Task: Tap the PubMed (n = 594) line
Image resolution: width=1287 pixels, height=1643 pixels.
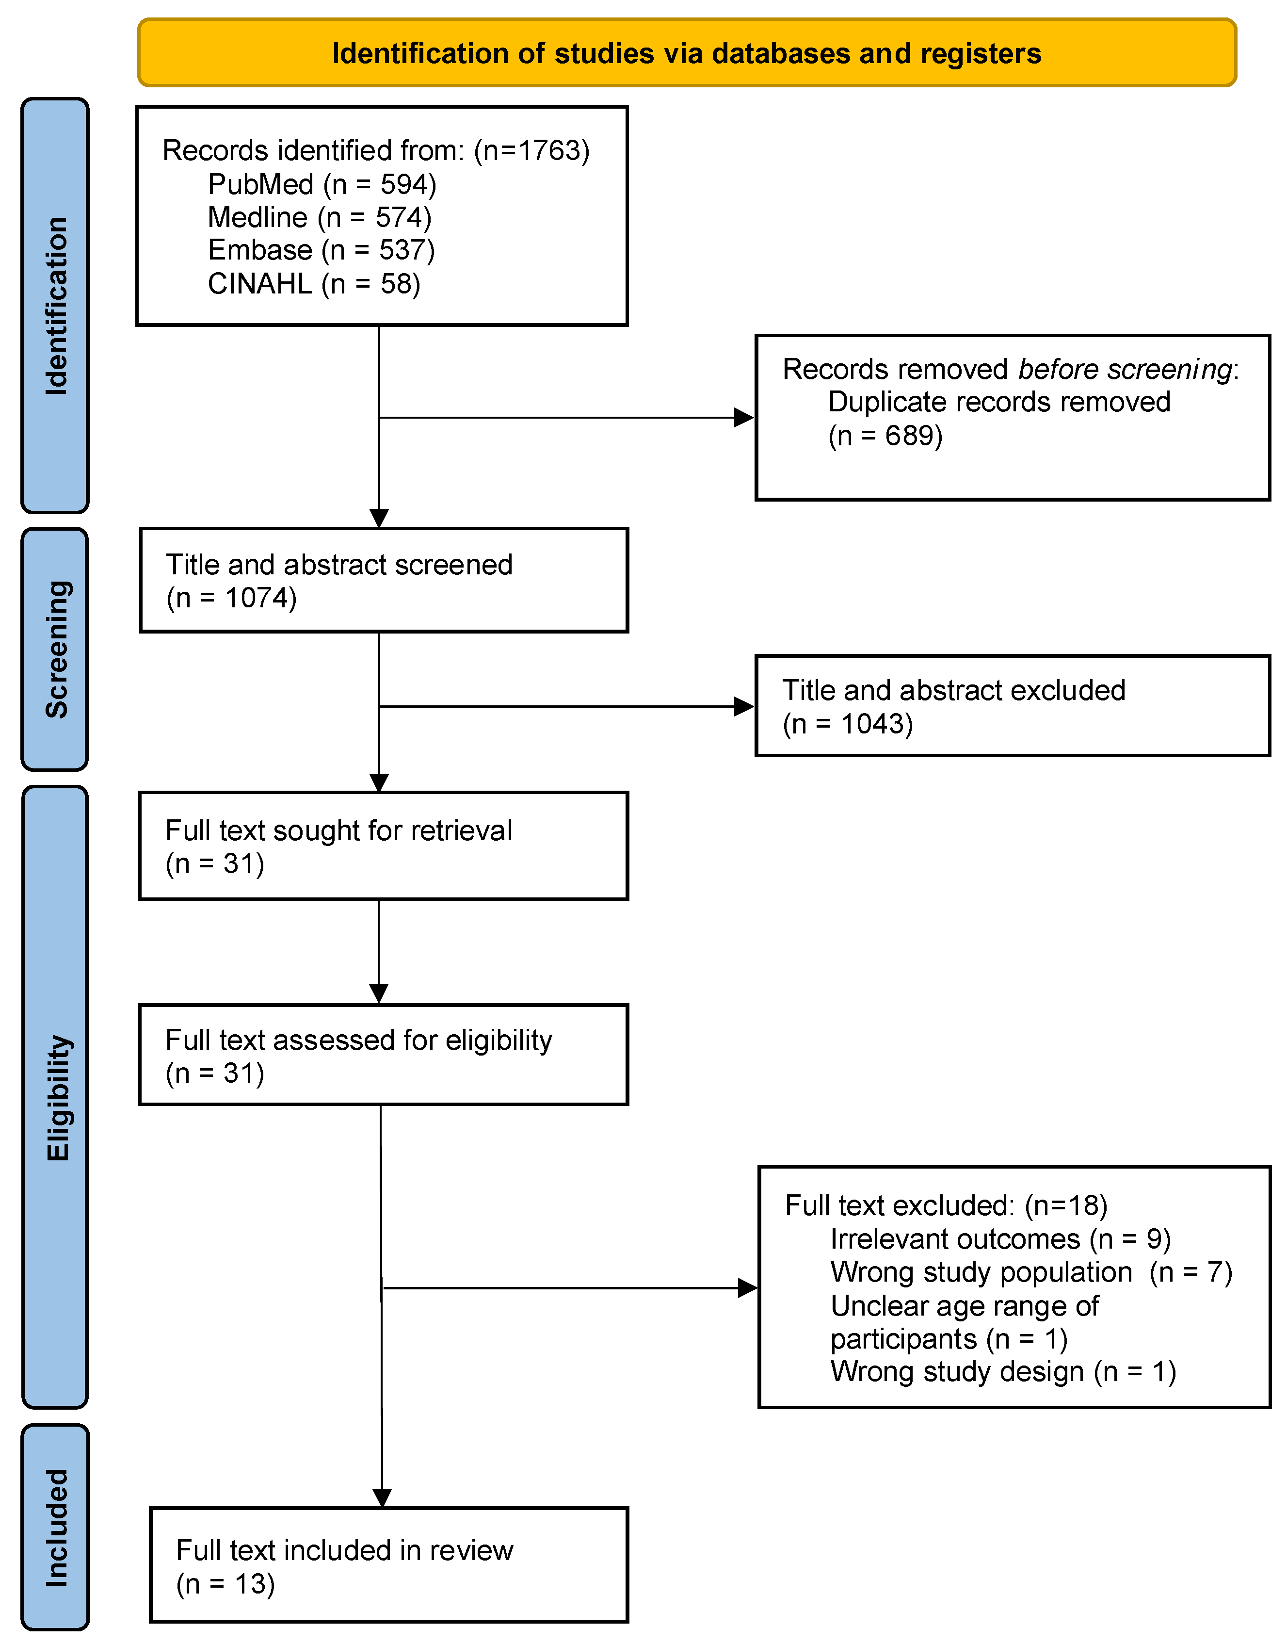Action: point(322,184)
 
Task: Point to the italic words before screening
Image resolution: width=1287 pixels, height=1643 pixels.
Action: point(1125,369)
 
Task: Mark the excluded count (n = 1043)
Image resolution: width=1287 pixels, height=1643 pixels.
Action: point(847,724)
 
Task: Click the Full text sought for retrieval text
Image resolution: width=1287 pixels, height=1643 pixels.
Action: point(338,830)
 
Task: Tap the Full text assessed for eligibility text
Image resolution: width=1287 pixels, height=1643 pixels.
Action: point(359,1040)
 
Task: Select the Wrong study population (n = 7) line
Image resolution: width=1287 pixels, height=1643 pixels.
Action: point(1031,1272)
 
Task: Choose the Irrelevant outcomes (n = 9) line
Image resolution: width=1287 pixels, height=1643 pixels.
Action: point(1000,1239)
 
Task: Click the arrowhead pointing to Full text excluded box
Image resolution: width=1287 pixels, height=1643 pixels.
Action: point(747,1288)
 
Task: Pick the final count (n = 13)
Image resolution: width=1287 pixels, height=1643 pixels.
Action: point(225,1583)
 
